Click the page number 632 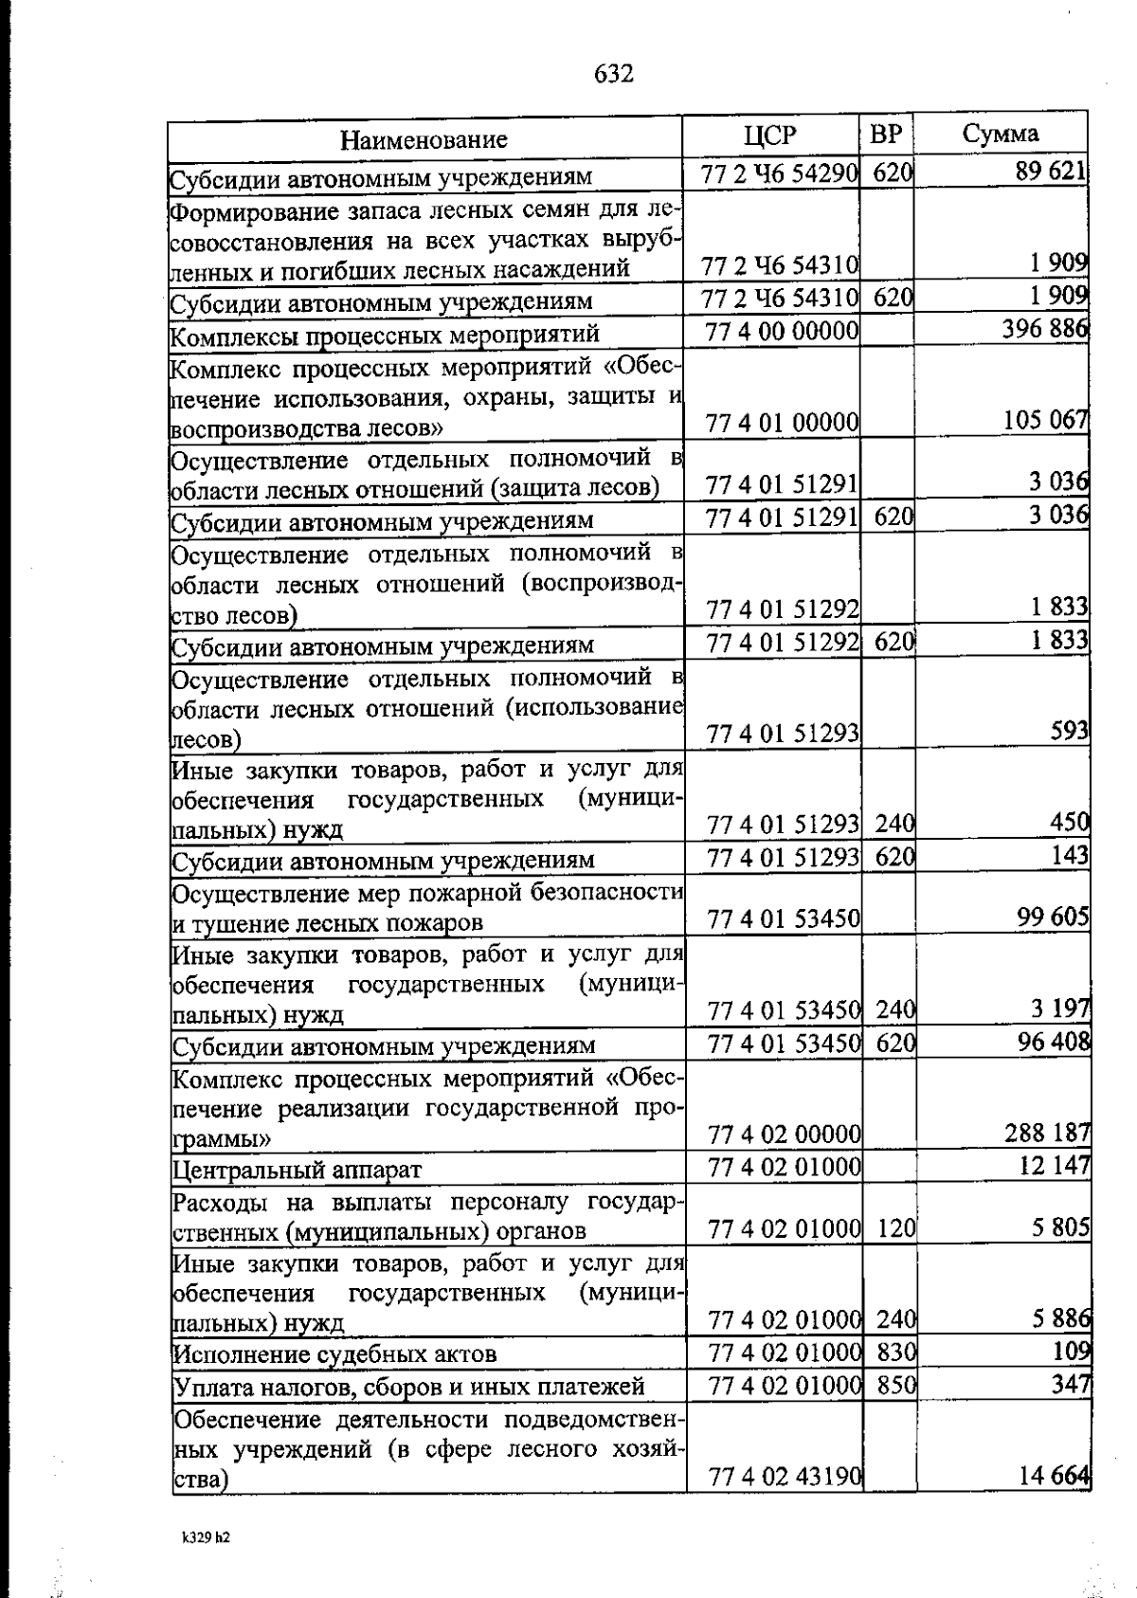tap(614, 73)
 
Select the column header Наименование tap(424, 140)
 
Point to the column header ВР tap(886, 135)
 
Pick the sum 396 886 tap(1044, 329)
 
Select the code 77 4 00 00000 tap(783, 331)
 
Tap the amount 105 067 tap(1045, 419)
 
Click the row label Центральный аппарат tap(298, 1170)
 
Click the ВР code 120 tap(895, 1229)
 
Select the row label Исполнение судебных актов tap(335, 1353)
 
